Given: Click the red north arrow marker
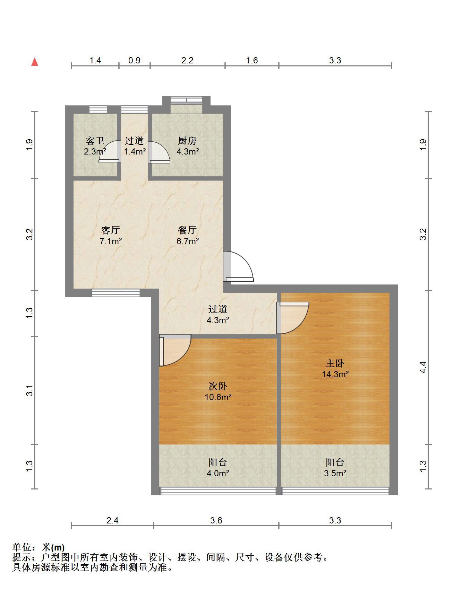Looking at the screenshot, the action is tap(35, 62).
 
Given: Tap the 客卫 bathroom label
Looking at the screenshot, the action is tap(95, 141).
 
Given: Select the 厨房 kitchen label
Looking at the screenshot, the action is tap(187, 141).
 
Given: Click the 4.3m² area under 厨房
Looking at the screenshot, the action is tap(188, 152).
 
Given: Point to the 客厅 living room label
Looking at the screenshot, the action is tap(111, 230).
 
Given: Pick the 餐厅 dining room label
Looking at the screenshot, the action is tap(187, 230).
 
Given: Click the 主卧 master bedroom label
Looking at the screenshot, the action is tap(335, 363).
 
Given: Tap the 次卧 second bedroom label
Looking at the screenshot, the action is tap(218, 386).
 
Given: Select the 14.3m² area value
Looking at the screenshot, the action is tap(335, 374).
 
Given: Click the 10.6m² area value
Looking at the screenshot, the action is tap(218, 397).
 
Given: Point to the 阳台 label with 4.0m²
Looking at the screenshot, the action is tap(218, 462).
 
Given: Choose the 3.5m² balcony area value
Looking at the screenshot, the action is tap(335, 474).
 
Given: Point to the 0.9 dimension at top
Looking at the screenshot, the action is tap(134, 61).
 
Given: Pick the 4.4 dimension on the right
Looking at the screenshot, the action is tap(423, 367).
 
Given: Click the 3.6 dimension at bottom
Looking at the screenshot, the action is tap(216, 520).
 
